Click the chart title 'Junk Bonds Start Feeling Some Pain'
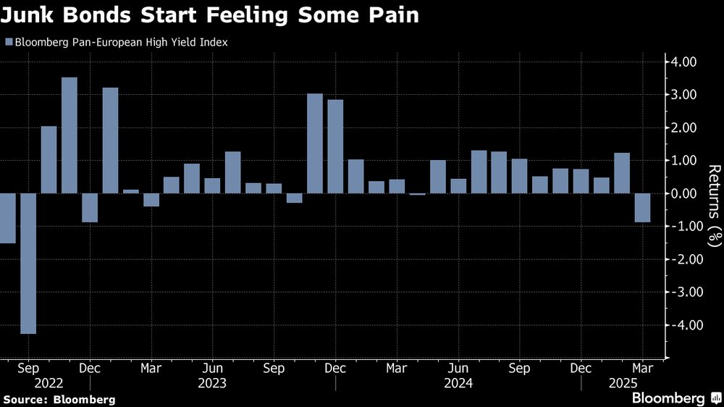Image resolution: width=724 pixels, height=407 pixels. (x=210, y=15)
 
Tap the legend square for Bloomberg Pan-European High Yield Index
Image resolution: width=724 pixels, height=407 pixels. (x=8, y=42)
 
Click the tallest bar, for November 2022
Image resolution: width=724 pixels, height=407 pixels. (x=70, y=135)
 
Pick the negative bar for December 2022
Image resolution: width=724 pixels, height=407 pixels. (x=90, y=207)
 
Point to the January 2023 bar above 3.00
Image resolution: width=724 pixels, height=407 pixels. (x=110, y=140)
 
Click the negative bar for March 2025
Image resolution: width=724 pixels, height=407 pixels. (x=642, y=207)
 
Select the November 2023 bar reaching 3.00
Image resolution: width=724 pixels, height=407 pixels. (x=315, y=143)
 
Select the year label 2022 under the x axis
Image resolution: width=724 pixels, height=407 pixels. (x=49, y=384)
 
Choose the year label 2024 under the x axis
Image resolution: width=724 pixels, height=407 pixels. (x=458, y=384)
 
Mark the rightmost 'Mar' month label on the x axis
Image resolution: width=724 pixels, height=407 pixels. (x=642, y=369)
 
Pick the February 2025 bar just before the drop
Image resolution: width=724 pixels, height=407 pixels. (x=622, y=173)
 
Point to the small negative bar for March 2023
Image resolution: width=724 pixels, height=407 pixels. (x=151, y=200)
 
